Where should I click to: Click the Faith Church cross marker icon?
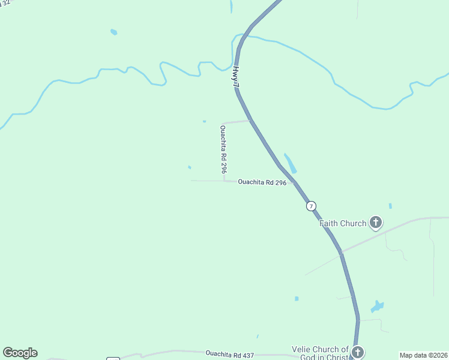(376, 223)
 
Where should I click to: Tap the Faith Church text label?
(342, 223)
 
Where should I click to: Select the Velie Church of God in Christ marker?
(358, 352)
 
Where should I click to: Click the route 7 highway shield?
(311, 206)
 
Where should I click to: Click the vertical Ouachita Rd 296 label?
(223, 149)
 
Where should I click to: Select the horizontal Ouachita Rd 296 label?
(262, 182)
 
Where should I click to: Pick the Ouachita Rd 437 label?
(229, 355)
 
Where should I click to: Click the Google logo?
(20, 353)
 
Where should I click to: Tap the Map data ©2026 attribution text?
(423, 355)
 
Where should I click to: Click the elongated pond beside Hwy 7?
(290, 163)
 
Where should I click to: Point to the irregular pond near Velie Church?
(377, 307)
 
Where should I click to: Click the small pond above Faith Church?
(390, 206)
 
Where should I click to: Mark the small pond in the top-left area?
(113, 32)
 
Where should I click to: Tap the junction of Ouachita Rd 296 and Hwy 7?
(294, 182)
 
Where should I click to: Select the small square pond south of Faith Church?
(297, 298)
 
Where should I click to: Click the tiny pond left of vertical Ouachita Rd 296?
(190, 167)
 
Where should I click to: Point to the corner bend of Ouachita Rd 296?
(224, 179)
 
